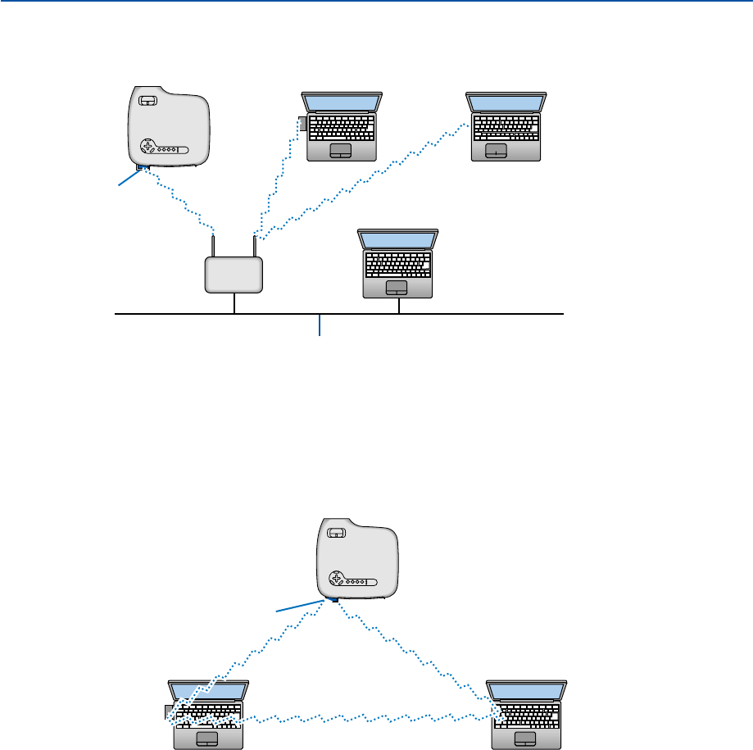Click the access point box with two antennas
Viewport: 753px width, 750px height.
(234, 275)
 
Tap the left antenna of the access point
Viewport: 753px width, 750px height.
(213, 244)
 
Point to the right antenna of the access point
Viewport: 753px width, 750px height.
(254, 244)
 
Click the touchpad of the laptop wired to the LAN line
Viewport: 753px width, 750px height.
(397, 287)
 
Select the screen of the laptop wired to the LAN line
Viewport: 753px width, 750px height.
(397, 239)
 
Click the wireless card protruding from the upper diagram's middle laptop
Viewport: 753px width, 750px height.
(302, 124)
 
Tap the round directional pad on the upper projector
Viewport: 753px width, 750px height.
(148, 148)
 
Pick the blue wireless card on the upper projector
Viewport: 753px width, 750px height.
(143, 170)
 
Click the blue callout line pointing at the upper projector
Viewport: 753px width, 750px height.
(128, 179)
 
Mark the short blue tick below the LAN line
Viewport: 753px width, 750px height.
(320, 325)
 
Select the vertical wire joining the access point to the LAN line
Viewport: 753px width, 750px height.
(234, 302)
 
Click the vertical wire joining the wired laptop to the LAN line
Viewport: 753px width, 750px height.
(398, 305)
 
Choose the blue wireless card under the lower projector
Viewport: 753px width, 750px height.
(335, 599)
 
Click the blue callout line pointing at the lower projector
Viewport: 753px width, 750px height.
(303, 605)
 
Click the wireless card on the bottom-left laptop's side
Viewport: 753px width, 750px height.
(168, 711)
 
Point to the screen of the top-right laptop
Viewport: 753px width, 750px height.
(506, 102)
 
